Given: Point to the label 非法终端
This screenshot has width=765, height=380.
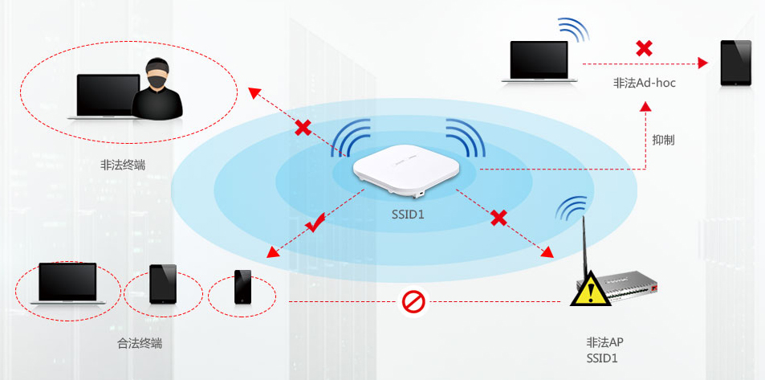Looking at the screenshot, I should (x=123, y=165).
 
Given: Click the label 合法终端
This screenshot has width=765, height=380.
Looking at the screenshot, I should (x=140, y=344).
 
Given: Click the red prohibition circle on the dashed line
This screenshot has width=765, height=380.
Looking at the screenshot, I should (x=413, y=302).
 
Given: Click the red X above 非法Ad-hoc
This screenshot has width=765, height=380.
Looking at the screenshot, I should (x=643, y=48).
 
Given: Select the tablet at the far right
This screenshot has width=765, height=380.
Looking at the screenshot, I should (x=735, y=63).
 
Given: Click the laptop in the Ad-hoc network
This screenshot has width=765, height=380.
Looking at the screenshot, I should (x=539, y=63).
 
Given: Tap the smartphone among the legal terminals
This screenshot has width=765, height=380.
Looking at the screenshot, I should (x=242, y=287).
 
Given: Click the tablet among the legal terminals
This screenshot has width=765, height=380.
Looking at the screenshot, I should (x=163, y=284).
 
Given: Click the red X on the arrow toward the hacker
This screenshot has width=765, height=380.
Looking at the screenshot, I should (x=303, y=127).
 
